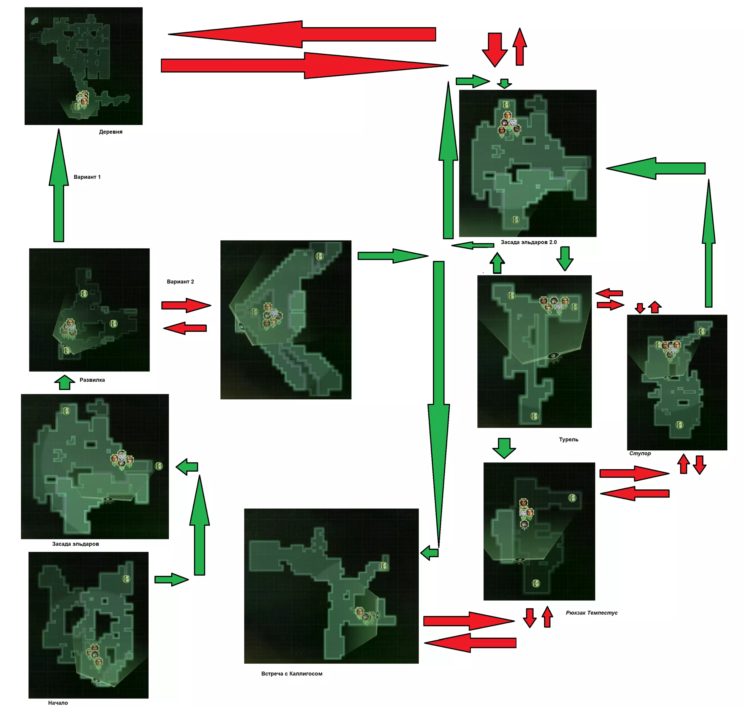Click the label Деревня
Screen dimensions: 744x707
110,132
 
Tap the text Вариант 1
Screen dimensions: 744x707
87,177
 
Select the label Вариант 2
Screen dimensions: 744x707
180,282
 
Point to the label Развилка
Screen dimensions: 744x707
92,380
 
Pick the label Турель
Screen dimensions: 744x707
568,440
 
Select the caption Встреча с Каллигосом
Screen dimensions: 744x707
292,674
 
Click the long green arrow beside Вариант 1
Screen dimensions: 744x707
59,185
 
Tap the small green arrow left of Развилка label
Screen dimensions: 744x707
65,382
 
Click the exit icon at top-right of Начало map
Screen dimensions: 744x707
126,579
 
